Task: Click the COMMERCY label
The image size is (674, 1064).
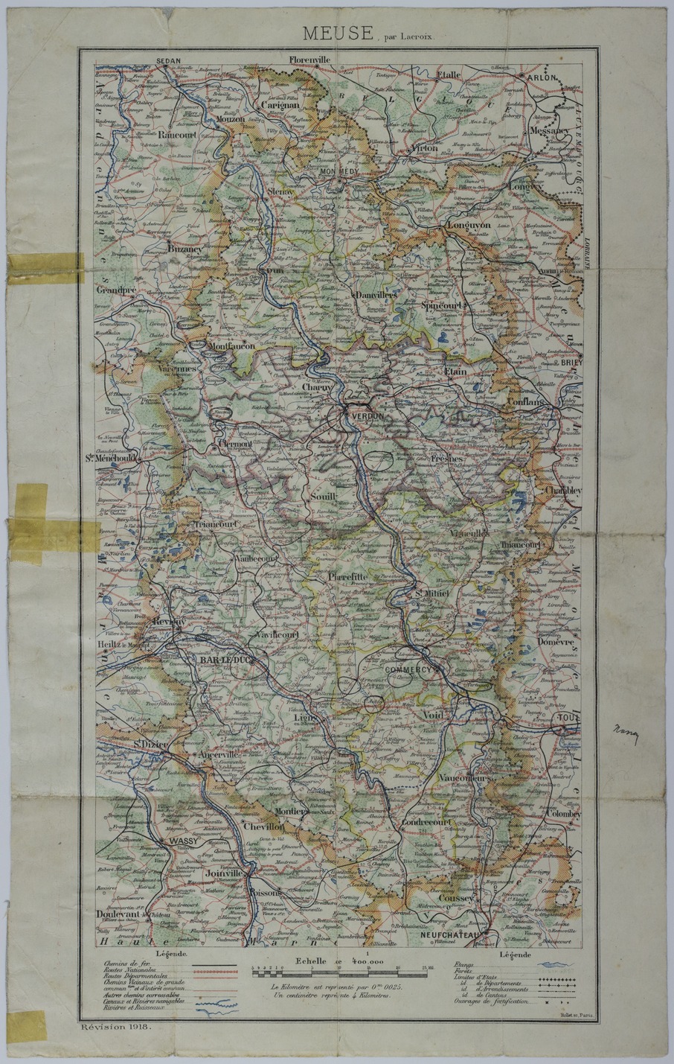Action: coord(408,670)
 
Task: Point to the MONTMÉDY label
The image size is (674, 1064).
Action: coord(338,171)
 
